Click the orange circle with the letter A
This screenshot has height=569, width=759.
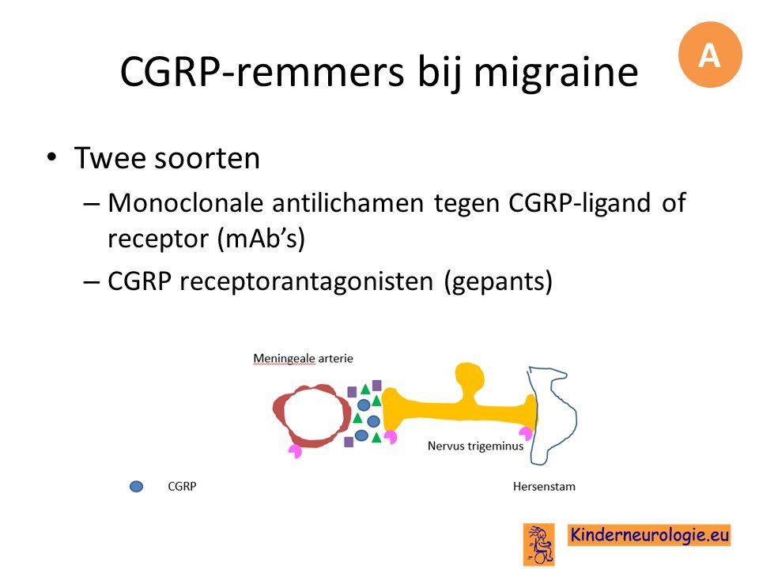pos(710,55)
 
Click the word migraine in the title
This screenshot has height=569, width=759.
pos(556,72)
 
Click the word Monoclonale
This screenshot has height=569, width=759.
pos(185,202)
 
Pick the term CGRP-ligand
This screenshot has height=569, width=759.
pos(579,203)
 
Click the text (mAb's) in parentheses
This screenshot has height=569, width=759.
pos(262,238)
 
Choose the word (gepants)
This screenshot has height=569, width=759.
pos(498,281)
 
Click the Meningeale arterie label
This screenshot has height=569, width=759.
pos(303,359)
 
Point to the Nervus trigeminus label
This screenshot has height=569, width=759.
pos(475,446)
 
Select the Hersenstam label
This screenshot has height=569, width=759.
pos(544,486)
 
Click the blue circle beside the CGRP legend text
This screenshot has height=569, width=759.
pos(137,486)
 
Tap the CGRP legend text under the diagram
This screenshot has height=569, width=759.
pos(182,486)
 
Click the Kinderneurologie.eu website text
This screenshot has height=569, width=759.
pos(649,535)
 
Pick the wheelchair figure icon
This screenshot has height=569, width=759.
pos(538,545)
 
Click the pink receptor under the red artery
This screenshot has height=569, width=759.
pos(295,451)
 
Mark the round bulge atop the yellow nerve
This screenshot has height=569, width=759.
pos(470,379)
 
